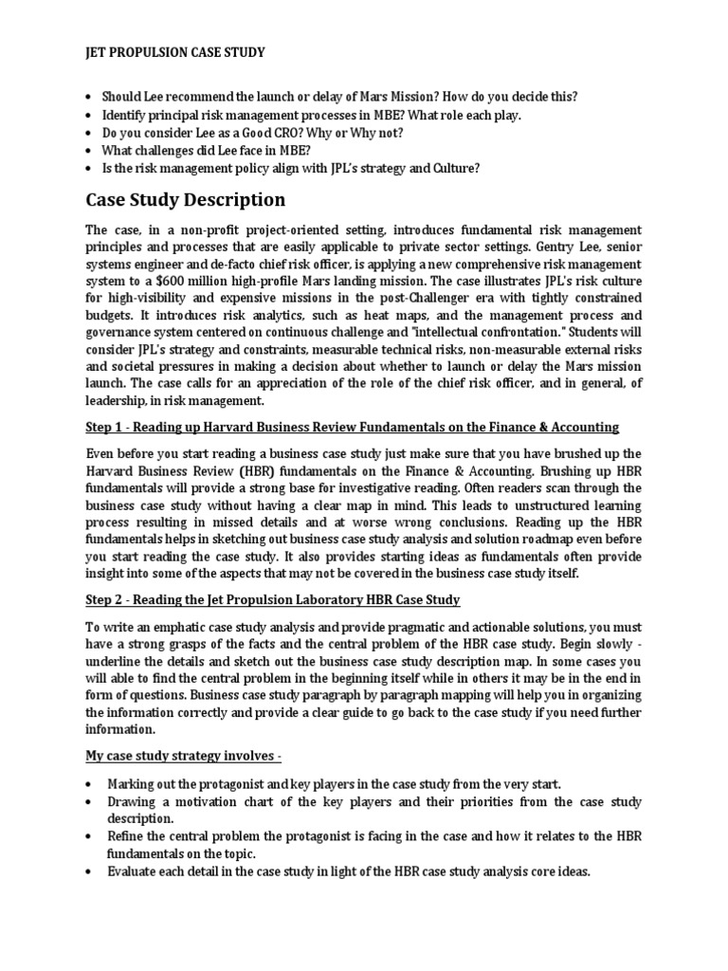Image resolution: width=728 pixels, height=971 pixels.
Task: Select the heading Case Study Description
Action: (x=185, y=200)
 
